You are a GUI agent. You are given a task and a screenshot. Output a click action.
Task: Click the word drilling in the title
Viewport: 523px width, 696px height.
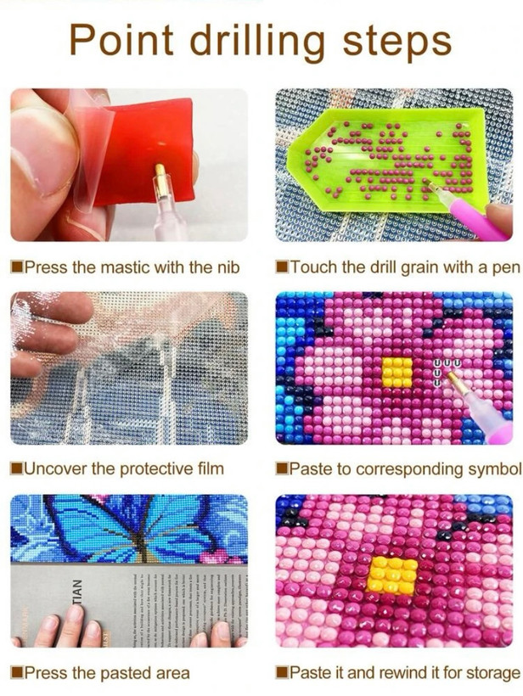point(258,41)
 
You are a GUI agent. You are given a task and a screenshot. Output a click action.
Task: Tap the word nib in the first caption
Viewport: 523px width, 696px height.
point(228,267)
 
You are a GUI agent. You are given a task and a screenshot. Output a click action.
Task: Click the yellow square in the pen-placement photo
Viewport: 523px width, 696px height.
point(396,372)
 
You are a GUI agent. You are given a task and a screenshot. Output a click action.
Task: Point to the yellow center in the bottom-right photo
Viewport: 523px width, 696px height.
point(392,575)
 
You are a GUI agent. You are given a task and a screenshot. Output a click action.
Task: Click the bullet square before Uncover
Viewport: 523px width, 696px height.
point(16,469)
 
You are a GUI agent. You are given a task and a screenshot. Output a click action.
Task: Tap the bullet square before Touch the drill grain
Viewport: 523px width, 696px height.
point(281,267)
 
